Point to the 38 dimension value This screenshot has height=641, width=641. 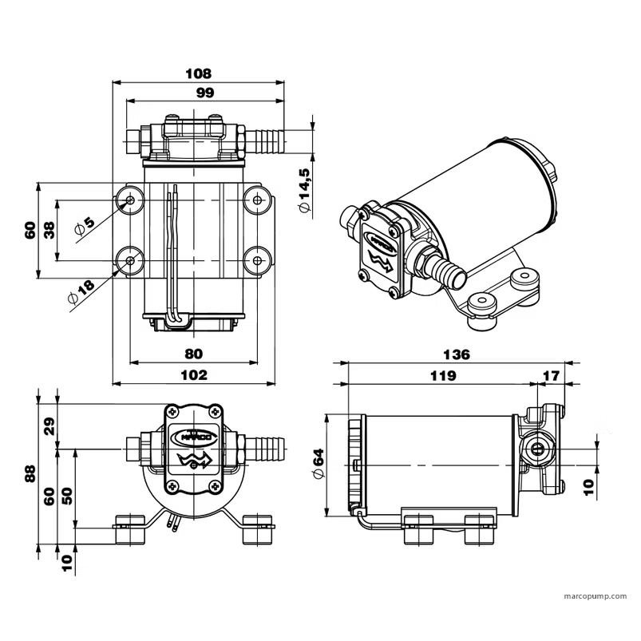(x=49, y=230)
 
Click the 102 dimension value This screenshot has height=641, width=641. (x=194, y=374)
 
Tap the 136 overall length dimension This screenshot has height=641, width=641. (x=457, y=354)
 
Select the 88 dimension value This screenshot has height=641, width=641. (x=30, y=474)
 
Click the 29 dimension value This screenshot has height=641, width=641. (x=49, y=426)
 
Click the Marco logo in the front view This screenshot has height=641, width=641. (x=192, y=436)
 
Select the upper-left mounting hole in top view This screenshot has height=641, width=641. (x=131, y=200)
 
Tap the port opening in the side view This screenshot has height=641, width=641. (x=539, y=449)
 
